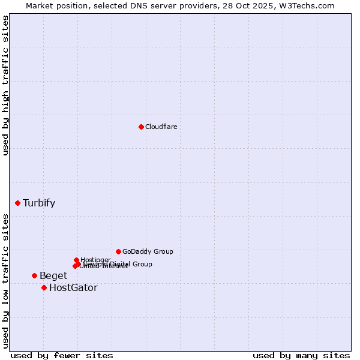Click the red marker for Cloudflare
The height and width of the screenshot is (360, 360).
pos(141,127)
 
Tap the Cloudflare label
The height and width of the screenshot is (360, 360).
pos(161,127)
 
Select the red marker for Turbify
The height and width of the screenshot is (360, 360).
pos(18,203)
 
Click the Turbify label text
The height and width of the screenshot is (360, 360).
pos(39,203)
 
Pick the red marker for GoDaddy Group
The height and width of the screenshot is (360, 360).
pos(118,251)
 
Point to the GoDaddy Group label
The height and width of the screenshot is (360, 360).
pos(148,251)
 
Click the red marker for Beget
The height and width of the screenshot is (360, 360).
pos(34,275)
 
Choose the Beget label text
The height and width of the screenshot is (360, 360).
pos(53,276)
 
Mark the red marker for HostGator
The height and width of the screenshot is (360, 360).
pos(44,287)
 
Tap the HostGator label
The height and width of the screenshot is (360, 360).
pos(73,288)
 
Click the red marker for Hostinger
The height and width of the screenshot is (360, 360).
pos(77,260)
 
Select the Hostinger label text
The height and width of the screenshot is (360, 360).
pos(95,260)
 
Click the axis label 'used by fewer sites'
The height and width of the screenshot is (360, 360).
pos(62,356)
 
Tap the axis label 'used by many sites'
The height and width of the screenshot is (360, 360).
pos(301,356)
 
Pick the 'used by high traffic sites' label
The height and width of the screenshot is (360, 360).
pos(5,85)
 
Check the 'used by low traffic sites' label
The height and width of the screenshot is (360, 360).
pos(5,281)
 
